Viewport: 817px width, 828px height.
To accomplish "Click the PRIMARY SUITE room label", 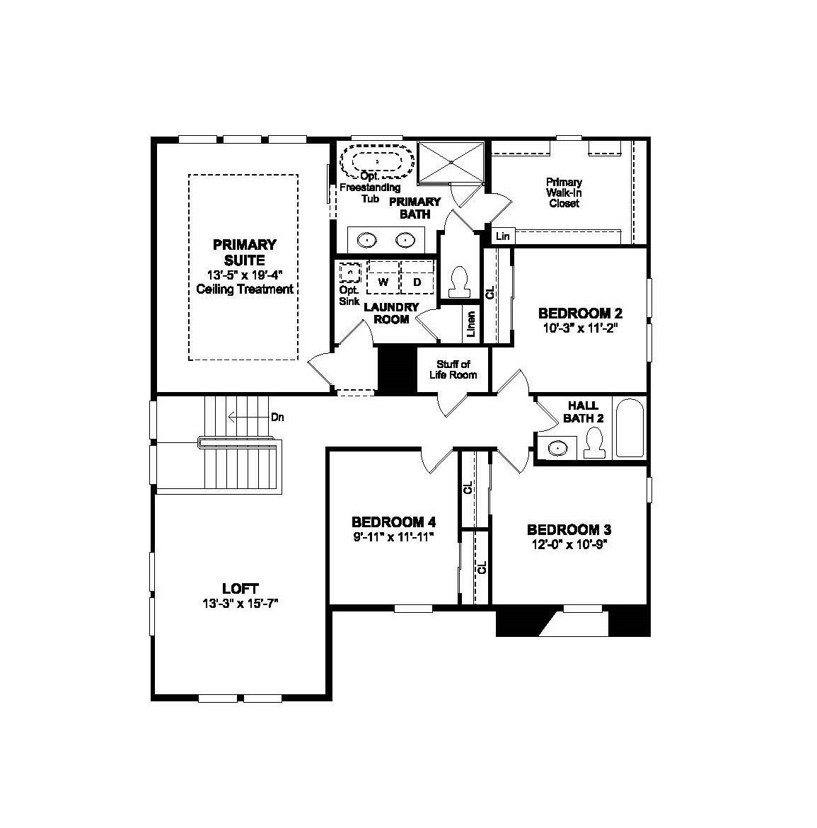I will (244, 252).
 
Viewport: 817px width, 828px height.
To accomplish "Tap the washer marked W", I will (384, 282).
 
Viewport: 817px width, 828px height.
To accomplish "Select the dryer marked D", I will (417, 282).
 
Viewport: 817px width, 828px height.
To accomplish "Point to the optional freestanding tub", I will (376, 162).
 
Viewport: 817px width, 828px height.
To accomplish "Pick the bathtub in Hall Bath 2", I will (629, 429).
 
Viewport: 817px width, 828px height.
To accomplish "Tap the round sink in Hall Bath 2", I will (558, 448).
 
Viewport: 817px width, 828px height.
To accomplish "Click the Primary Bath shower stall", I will (451, 162).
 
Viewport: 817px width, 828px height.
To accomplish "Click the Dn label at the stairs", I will (277, 418).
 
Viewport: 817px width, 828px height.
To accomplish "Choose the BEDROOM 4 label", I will (393, 522).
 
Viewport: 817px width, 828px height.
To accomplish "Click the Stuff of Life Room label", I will (453, 369).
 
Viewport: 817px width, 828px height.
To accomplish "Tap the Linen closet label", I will (471, 324).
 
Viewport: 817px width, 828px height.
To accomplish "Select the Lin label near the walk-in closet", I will (502, 236).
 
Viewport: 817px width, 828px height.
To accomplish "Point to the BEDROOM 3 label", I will (569, 529).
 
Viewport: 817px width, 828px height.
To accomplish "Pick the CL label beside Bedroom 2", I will (489, 292).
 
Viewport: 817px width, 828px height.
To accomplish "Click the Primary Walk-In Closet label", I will (564, 192).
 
